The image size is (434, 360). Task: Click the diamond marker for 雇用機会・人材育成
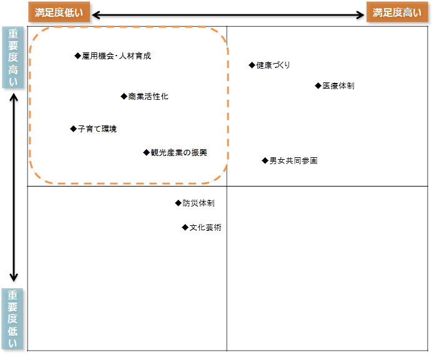tap(78, 56)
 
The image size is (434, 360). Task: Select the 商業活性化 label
tap(148, 97)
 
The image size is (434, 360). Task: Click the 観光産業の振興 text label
tap(179, 152)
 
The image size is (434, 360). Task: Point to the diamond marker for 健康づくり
tap(252, 65)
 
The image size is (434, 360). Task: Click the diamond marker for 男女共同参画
tap(265, 161)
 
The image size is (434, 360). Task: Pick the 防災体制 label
tap(199, 203)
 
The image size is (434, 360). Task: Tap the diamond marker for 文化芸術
tap(185, 228)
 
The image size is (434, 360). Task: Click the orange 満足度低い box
tap(59, 12)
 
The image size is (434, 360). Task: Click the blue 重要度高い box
tap(14, 59)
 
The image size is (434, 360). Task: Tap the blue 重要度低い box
tap(14, 319)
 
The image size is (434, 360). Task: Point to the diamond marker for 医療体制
tap(318, 86)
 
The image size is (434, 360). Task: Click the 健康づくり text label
tap(273, 66)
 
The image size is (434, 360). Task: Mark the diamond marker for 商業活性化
tap(124, 97)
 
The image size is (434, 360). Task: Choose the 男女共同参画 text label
tap(293, 161)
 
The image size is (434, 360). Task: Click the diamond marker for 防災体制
tap(178, 203)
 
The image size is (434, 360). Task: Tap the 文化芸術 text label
tap(205, 228)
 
